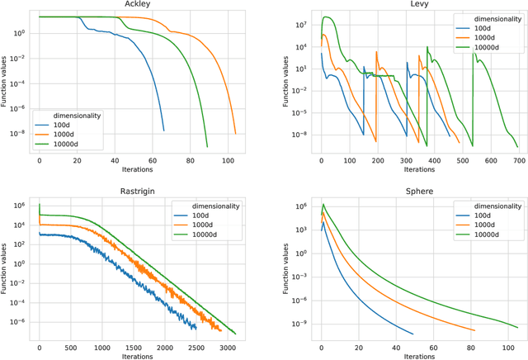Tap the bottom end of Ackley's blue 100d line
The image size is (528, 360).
(x=163, y=130)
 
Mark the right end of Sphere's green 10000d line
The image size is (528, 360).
(x=516, y=327)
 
